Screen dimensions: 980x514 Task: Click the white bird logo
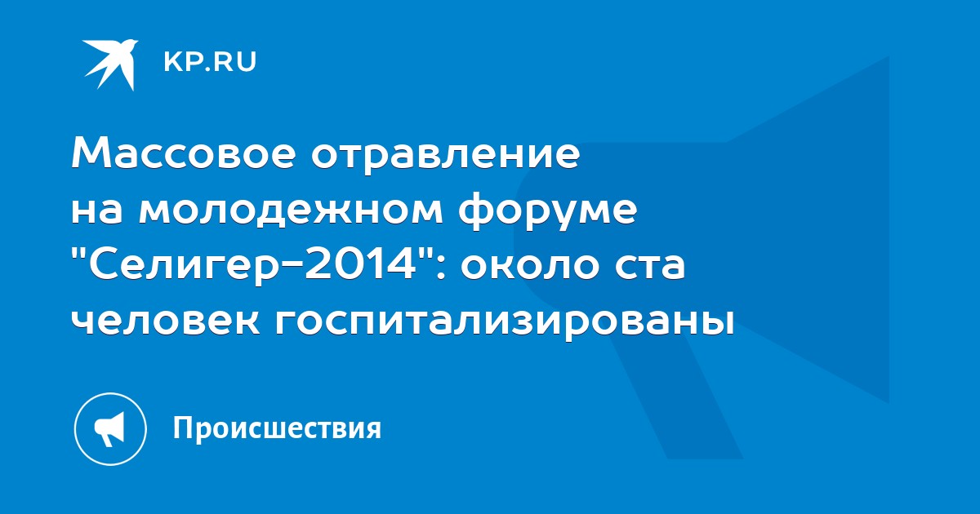[110, 64]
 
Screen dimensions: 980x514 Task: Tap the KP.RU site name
[210, 62]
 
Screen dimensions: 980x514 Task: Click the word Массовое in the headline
[183, 154]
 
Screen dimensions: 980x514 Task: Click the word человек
[166, 323]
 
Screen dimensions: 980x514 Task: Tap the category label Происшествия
[278, 429]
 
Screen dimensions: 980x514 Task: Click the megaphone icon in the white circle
[109, 428]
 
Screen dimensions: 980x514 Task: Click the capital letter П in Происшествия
[183, 427]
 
